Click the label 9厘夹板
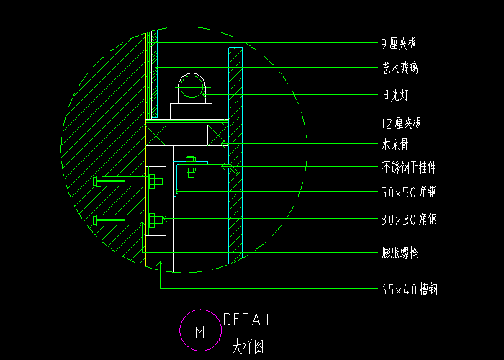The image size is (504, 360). (x=398, y=44)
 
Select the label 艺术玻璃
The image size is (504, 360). (x=400, y=69)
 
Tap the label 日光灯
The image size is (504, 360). (x=395, y=94)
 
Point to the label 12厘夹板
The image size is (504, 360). (x=401, y=123)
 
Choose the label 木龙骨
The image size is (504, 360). (x=395, y=145)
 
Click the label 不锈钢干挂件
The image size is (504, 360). (x=408, y=168)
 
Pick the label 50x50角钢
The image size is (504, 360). (x=408, y=193)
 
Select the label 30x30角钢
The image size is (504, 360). (x=408, y=219)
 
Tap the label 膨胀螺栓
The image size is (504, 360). (x=400, y=253)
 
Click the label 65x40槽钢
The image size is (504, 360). (x=408, y=290)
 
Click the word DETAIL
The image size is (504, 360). (x=248, y=320)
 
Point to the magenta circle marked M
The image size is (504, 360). (x=199, y=331)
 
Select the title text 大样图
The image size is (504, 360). (x=248, y=347)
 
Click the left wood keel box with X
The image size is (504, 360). (x=157, y=135)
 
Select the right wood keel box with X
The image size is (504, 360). (x=217, y=135)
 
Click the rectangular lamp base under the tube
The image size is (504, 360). (x=192, y=111)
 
